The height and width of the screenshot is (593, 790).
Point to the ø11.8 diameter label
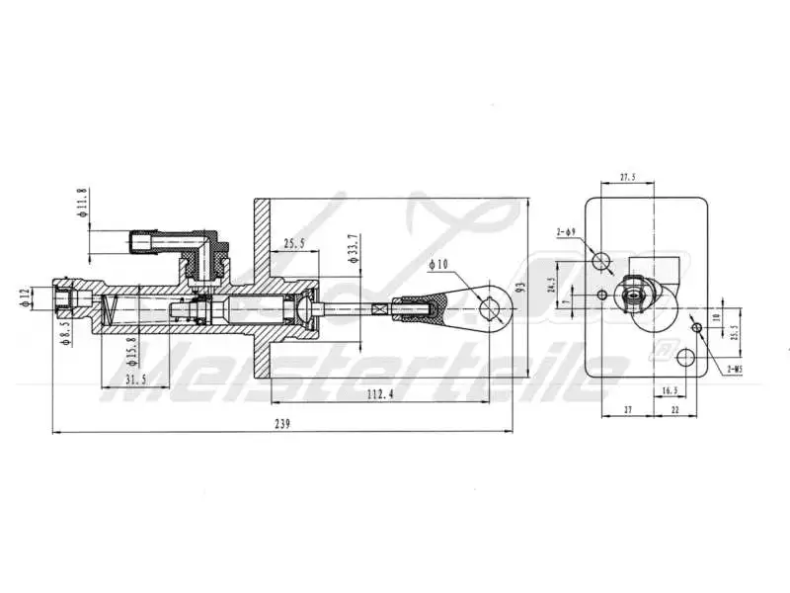(83, 201)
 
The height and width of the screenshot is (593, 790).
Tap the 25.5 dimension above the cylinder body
(295, 243)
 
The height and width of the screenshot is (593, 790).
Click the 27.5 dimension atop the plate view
(626, 179)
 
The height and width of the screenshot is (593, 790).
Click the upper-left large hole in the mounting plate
(603, 260)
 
